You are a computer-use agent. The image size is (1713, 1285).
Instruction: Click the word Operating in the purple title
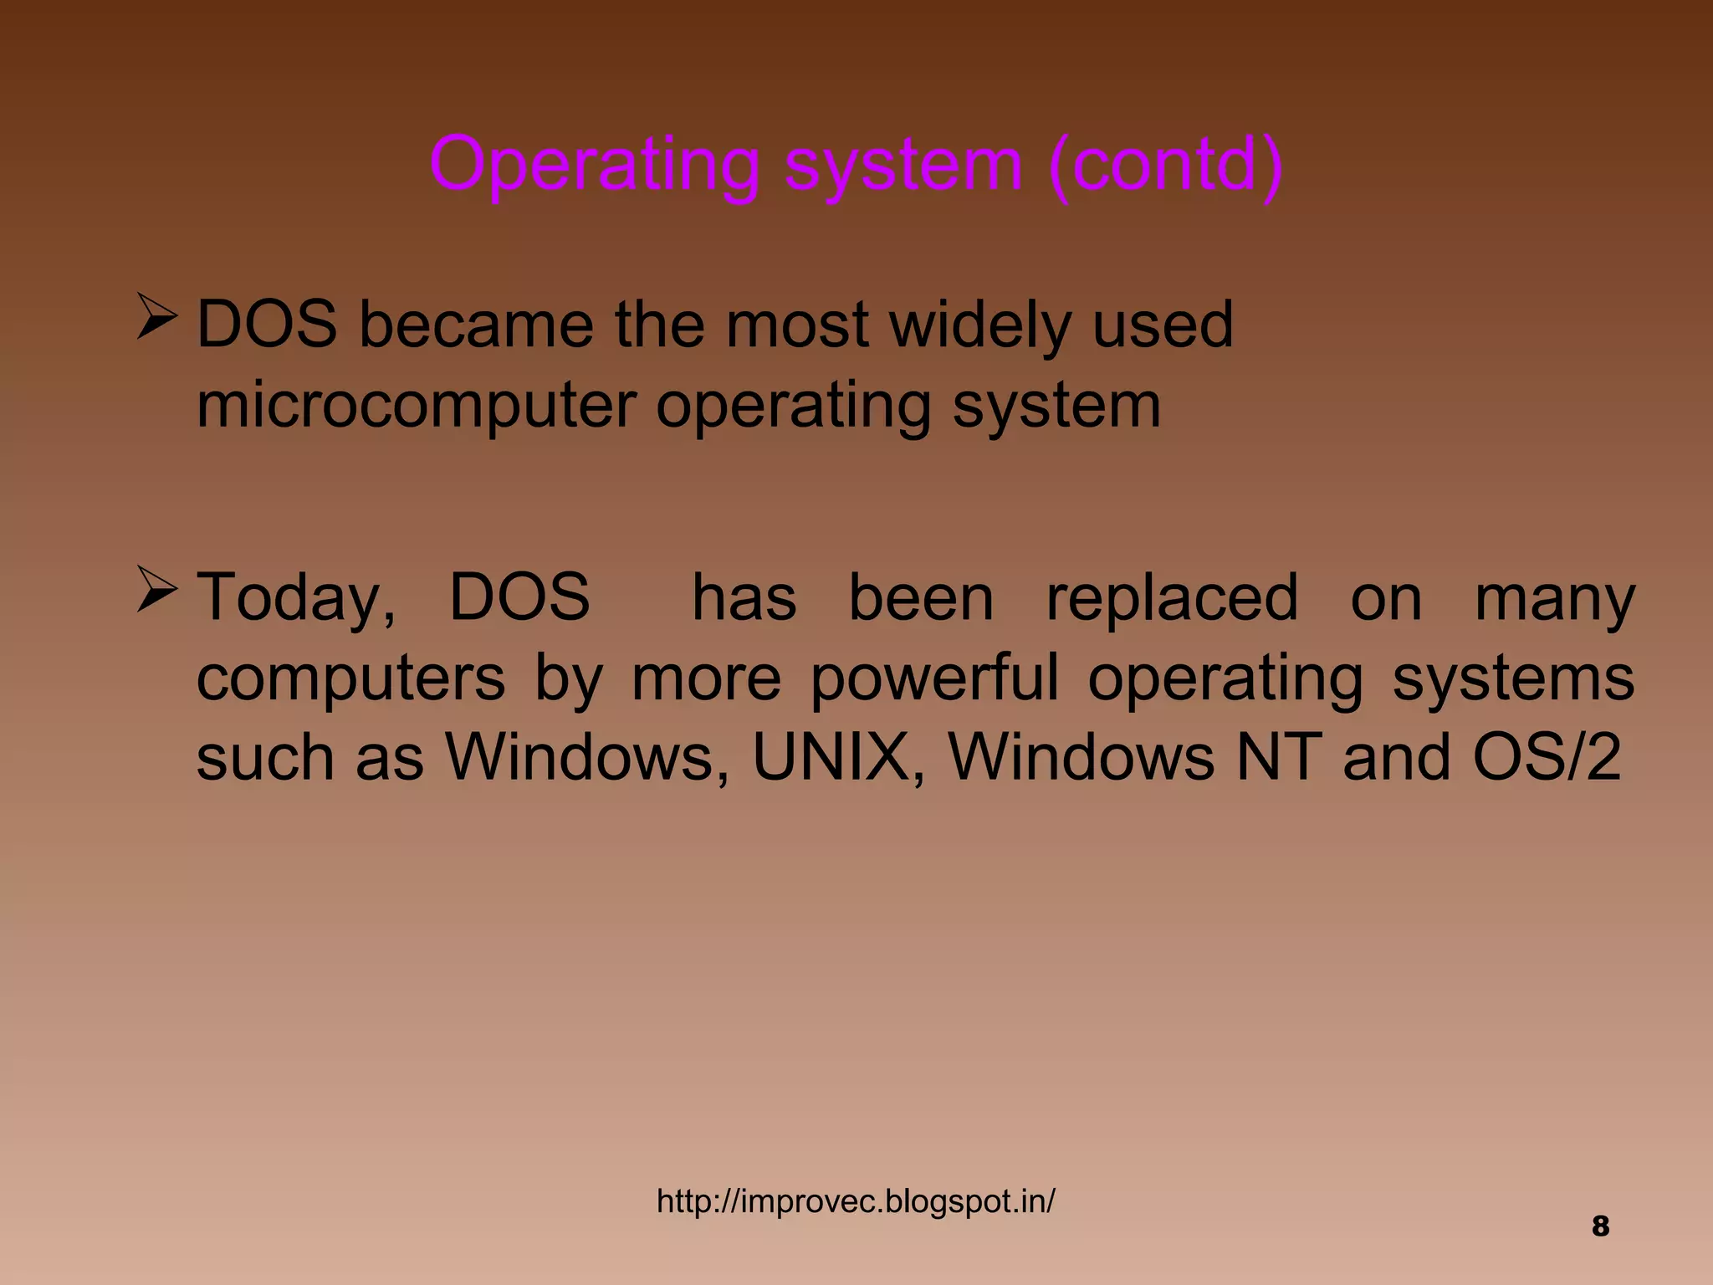594,165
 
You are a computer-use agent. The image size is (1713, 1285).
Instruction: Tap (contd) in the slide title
1165,165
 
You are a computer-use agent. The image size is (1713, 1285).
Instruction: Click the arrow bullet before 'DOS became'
156,317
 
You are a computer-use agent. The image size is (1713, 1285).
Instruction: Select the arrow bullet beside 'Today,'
156,590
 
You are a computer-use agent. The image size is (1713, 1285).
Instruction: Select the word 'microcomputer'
416,406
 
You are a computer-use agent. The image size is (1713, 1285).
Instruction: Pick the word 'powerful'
934,678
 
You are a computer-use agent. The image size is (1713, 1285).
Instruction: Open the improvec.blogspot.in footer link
856,1201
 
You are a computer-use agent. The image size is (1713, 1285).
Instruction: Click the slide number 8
1600,1226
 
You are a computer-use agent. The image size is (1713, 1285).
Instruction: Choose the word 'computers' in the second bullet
350,678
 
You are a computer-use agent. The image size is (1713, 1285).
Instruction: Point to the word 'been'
921,598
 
